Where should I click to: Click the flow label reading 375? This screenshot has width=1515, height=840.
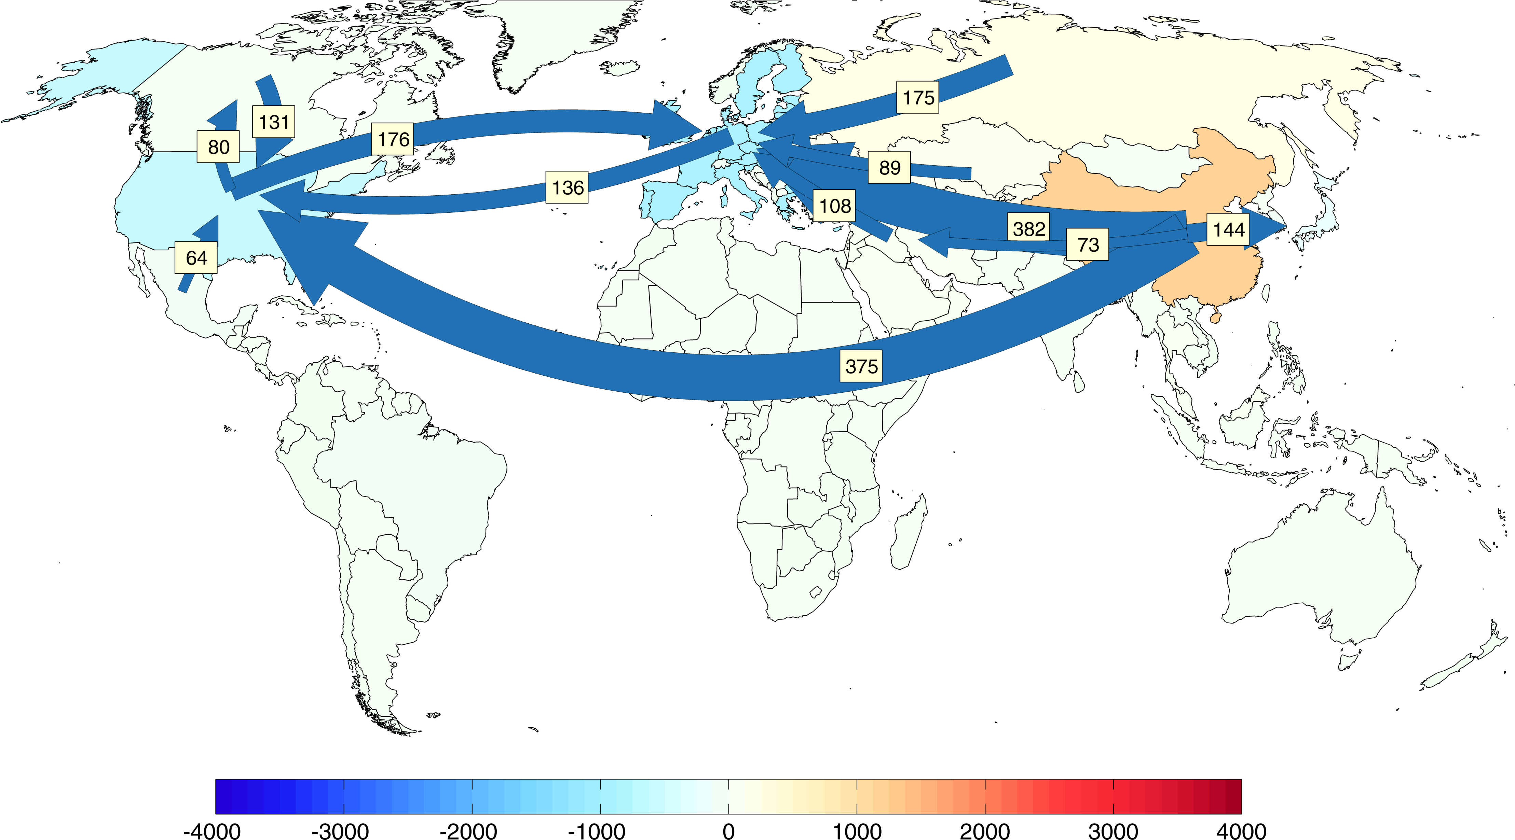click(x=861, y=366)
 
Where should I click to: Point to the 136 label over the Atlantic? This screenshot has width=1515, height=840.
click(x=568, y=187)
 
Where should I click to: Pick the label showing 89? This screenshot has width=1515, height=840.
click(x=889, y=168)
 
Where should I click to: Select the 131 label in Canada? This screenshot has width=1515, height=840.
click(x=273, y=122)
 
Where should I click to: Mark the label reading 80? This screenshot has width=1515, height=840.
click(x=218, y=146)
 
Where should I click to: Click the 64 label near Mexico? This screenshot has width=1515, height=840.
click(x=196, y=257)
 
